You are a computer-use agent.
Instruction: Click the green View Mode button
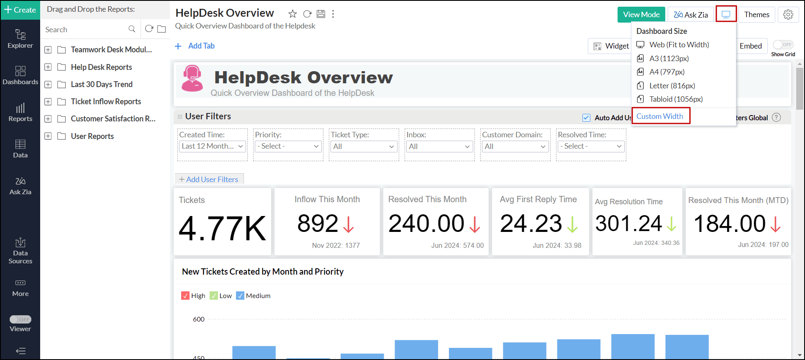pyautogui.click(x=641, y=15)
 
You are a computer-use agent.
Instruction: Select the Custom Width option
pyautogui.click(x=660, y=116)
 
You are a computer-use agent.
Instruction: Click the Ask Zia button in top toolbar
pyautogui.click(x=690, y=15)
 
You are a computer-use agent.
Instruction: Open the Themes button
pyautogui.click(x=756, y=15)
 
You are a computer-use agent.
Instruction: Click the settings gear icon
pyautogui.click(x=788, y=15)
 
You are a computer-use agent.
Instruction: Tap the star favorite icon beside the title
pyautogui.click(x=292, y=14)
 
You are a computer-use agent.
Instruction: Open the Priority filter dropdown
pyautogui.click(x=288, y=146)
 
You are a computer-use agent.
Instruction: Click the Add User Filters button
pyautogui.click(x=209, y=179)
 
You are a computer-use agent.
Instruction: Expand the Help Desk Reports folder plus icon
pyautogui.click(x=48, y=67)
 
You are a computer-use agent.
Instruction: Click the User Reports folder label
pyautogui.click(x=92, y=136)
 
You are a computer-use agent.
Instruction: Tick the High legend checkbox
pyautogui.click(x=185, y=296)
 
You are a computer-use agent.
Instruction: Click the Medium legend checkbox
pyautogui.click(x=240, y=296)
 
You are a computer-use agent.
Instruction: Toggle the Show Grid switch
pyautogui.click(x=783, y=45)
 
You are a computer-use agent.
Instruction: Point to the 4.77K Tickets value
pyautogui.click(x=222, y=229)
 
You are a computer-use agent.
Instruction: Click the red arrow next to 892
pyautogui.click(x=349, y=224)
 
